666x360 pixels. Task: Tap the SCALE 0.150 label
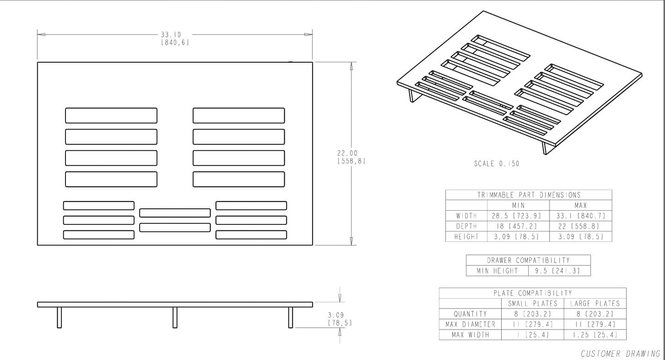tap(496, 164)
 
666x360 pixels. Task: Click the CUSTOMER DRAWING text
tap(620, 354)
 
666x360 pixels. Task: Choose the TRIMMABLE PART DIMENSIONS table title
tap(529, 195)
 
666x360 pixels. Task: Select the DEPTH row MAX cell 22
tap(581, 226)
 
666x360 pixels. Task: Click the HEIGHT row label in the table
tap(466, 236)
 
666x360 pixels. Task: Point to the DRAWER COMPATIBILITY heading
tap(528, 260)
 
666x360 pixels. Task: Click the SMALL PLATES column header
tap(532, 304)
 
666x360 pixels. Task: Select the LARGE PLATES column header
tap(595, 304)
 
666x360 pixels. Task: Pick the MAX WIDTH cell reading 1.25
tap(595, 335)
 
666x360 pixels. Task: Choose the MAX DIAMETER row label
tap(470, 325)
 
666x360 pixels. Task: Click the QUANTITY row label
tap(470, 314)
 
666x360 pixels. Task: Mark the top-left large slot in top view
tap(111, 116)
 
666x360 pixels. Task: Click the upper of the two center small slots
tap(175, 213)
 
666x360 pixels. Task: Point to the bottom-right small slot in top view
tap(251, 235)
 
